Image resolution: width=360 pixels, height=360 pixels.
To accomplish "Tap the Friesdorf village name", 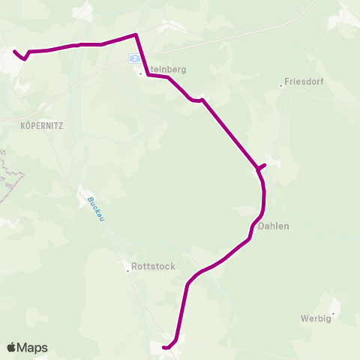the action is pos(304,83).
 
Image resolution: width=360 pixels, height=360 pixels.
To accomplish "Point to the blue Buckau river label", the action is pos(94,209).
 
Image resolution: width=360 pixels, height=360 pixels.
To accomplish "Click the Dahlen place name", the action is pos(274,226).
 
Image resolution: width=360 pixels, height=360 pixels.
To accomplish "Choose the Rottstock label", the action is pos(153,265).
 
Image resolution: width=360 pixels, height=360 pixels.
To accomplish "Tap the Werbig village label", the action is pos(314,318).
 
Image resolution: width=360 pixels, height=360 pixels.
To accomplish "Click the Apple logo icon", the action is pos(12,347).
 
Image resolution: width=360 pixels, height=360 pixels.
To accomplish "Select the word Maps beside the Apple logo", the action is pos(34,347).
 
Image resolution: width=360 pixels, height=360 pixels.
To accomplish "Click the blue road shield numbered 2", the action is pos(133,58).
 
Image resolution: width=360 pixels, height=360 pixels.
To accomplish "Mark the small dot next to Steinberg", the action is pos(140,73).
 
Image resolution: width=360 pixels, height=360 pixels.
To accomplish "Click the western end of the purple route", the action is pos(14,51).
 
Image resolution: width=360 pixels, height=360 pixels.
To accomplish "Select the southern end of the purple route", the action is pos(163,346).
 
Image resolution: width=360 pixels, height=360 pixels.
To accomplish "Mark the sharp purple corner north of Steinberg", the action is pos(135,34).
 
